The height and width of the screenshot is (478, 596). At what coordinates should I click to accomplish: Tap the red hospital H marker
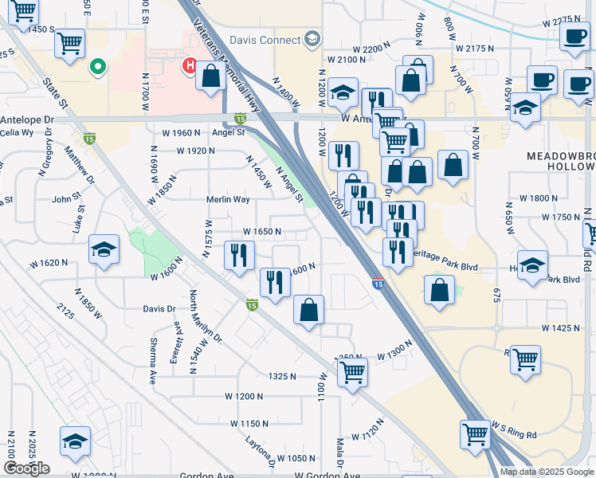click(x=191, y=65)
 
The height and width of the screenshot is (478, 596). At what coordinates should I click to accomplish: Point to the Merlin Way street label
click(x=229, y=199)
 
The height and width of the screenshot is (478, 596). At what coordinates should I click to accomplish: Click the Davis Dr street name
click(x=159, y=308)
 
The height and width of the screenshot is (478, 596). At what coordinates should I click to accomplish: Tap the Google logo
click(x=26, y=468)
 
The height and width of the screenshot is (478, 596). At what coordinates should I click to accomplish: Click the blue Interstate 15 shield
click(x=378, y=283)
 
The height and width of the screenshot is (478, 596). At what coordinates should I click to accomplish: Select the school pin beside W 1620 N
click(x=104, y=250)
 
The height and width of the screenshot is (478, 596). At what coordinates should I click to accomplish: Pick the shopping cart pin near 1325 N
click(x=351, y=370)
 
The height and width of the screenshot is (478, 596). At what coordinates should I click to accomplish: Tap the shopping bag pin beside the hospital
click(x=211, y=77)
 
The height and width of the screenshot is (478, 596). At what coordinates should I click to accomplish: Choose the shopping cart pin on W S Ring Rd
click(x=475, y=435)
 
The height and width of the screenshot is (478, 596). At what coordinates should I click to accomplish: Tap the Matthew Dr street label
click(x=80, y=163)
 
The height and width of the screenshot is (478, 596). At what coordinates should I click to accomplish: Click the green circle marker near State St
click(x=98, y=66)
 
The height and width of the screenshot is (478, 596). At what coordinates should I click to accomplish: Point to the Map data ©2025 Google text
click(x=545, y=472)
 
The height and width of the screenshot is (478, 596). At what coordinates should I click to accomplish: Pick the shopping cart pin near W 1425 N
click(x=525, y=360)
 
